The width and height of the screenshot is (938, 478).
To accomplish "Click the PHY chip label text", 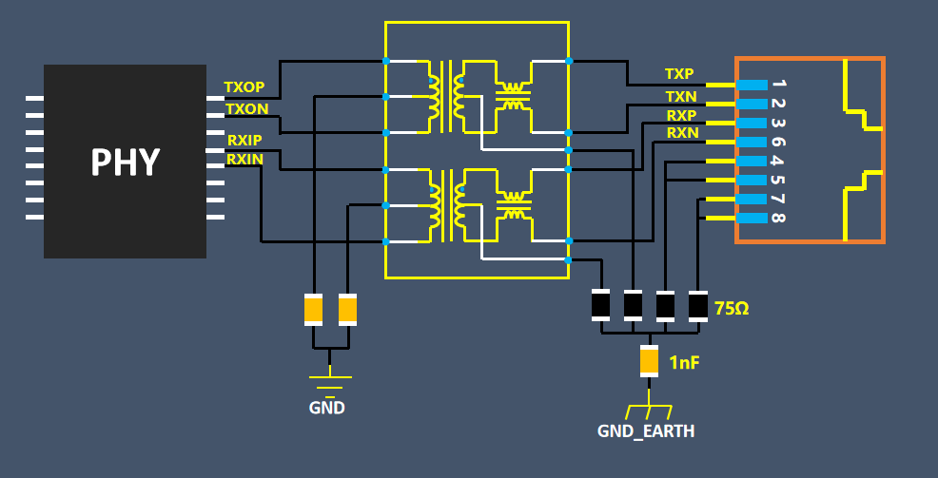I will click(125, 163).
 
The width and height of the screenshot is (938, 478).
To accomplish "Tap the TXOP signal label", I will click(244, 87).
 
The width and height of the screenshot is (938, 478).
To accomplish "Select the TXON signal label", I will click(245, 109).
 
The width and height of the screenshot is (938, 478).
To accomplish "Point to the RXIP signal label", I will click(244, 140).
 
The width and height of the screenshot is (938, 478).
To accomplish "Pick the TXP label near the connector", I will click(679, 74).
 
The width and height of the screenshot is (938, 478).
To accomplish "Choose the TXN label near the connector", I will click(680, 96).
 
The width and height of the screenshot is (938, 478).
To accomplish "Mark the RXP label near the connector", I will click(680, 116).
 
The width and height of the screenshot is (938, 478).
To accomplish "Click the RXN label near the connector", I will click(681, 133).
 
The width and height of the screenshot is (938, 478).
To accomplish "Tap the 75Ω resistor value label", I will click(732, 308).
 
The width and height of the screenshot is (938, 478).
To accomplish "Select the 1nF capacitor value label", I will click(684, 362).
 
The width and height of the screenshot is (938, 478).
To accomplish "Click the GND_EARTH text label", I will click(645, 431).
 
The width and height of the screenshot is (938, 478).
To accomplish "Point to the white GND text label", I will click(326, 409).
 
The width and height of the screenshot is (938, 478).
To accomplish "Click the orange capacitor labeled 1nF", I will click(649, 360).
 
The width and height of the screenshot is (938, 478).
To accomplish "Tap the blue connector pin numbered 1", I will click(752, 85).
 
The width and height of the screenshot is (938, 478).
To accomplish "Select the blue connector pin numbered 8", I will click(752, 219).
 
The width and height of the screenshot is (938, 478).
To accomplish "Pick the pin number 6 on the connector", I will click(778, 142).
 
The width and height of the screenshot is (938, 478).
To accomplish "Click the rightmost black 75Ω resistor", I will click(698, 305).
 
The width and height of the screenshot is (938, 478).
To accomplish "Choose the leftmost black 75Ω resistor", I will click(600, 305).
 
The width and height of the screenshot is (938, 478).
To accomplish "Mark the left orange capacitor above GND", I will click(314, 310).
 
